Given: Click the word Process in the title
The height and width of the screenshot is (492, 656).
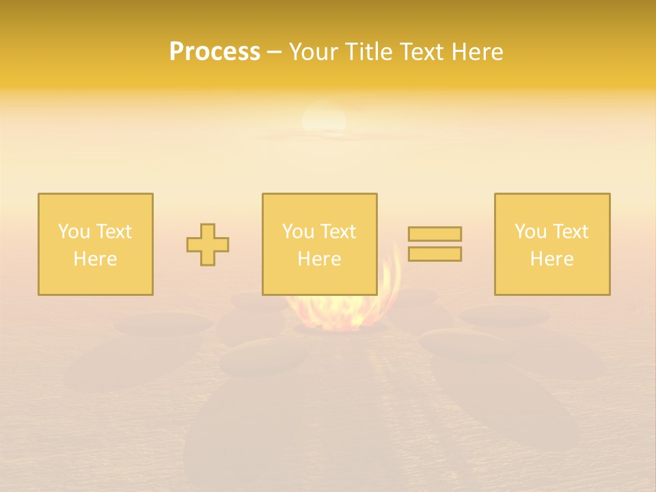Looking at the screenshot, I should [215, 52].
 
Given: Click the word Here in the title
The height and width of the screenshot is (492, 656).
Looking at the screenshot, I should [480, 52].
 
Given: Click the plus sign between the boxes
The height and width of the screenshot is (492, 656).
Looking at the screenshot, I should [208, 245].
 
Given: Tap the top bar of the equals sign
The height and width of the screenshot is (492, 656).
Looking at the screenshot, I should [435, 234].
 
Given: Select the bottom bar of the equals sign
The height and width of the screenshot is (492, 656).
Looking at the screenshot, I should [435, 254].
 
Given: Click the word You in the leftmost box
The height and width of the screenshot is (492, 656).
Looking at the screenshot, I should [74, 232].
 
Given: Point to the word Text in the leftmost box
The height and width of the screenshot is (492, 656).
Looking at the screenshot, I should [113, 232].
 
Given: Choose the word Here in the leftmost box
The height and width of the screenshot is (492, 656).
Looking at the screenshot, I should [95, 259].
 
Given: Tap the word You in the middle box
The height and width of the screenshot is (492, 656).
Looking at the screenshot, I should [298, 232].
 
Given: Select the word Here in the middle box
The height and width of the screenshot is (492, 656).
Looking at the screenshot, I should [319, 259].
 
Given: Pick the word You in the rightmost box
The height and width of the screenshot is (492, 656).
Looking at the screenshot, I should [530, 232].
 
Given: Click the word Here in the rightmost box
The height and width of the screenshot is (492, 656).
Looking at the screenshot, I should [551, 259].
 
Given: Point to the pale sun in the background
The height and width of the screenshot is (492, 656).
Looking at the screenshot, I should [324, 119].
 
